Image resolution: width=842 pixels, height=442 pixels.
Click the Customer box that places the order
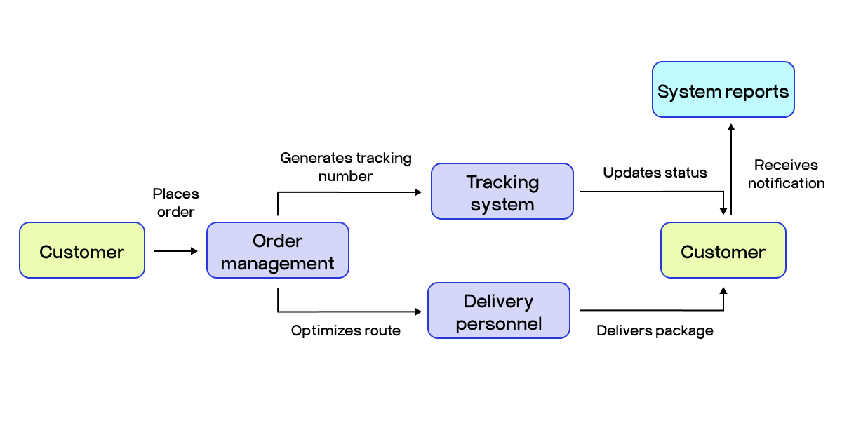(82, 250)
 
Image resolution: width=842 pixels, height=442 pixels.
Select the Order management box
(278, 250)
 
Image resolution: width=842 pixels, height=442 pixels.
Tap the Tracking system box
(502, 192)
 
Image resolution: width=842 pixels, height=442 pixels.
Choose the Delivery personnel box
(499, 311)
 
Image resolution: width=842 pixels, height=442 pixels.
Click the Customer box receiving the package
(723, 250)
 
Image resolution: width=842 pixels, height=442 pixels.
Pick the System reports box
(723, 90)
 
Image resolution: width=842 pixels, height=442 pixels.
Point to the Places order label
(176, 203)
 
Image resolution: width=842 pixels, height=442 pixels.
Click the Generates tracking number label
(346, 167)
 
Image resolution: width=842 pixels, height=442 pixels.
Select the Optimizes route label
(346, 330)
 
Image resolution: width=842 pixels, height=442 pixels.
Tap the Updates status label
(655, 173)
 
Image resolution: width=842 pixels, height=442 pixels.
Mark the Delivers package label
(655, 330)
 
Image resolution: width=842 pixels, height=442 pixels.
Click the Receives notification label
(786, 174)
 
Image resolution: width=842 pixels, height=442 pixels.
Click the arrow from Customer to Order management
(175, 250)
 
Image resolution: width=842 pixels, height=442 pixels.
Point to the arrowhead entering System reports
(731, 128)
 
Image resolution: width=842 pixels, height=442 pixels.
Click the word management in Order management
(278, 264)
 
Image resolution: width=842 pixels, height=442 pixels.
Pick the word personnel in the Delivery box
(499, 324)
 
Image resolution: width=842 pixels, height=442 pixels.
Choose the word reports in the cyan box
(757, 92)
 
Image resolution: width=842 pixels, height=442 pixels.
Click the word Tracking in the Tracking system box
(502, 182)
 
